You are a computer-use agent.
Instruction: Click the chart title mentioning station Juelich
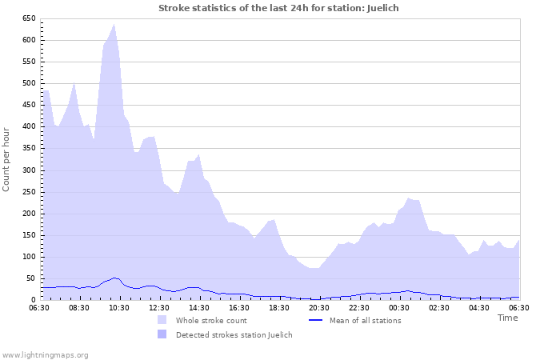278,8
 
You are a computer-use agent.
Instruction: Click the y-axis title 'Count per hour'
7,158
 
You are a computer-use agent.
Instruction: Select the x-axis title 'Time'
507,318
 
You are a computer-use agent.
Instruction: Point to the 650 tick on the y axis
29,18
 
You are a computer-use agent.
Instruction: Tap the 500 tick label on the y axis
29,83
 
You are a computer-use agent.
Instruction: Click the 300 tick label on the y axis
29,170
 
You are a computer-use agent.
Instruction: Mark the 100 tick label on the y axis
29,257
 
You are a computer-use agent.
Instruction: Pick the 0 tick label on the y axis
34,300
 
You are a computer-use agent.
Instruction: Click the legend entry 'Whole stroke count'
212,320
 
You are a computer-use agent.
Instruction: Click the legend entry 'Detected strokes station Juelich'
234,334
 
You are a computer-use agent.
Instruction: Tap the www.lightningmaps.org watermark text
45,354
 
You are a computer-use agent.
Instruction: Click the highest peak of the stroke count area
114,24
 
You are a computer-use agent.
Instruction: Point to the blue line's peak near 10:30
114,278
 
